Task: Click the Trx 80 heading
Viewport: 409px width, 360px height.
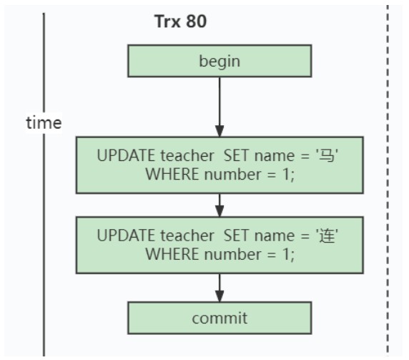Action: coord(180,21)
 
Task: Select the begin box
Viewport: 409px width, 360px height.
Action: coord(220,61)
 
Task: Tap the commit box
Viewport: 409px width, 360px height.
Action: coord(220,318)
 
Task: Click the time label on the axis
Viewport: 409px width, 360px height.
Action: coord(44,122)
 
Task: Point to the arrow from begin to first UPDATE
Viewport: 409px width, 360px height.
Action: coord(220,107)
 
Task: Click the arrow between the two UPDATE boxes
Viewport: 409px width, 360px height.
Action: coord(220,205)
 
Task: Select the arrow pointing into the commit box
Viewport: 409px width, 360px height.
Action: coord(220,288)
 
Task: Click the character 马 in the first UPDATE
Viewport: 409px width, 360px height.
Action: coord(327,155)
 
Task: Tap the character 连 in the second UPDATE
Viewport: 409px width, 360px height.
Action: coord(327,235)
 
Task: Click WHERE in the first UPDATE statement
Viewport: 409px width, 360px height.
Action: coord(172,174)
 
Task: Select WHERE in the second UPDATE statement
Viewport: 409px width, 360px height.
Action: coord(172,254)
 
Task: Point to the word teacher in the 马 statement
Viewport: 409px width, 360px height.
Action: coord(187,155)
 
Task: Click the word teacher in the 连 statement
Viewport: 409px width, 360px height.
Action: coord(187,235)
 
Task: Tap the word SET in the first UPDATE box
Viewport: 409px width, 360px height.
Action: coord(236,155)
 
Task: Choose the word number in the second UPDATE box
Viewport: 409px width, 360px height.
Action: coord(232,254)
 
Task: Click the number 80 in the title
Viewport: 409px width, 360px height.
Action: coord(197,21)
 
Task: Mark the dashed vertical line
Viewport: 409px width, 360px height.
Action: coord(388,180)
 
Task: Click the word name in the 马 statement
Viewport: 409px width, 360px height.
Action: coord(275,156)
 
